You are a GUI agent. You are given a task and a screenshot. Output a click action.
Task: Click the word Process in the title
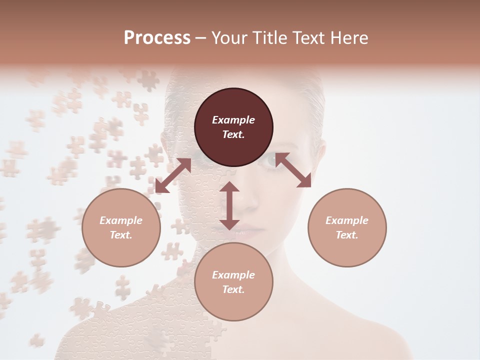[157, 38]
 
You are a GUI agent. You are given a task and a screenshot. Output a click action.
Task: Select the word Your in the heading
[230, 38]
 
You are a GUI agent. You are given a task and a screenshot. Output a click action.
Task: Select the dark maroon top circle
[233, 127]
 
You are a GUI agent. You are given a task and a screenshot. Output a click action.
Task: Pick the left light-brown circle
[121, 227]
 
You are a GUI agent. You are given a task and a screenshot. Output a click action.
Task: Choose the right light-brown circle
[347, 227]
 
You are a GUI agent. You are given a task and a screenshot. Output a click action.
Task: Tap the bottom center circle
[233, 282]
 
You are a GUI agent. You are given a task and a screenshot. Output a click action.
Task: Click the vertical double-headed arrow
[229, 205]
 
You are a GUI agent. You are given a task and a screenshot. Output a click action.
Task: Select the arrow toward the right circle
[293, 170]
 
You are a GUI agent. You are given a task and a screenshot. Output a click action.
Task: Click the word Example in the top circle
[233, 120]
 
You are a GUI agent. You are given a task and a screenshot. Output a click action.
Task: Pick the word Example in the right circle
[347, 220]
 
